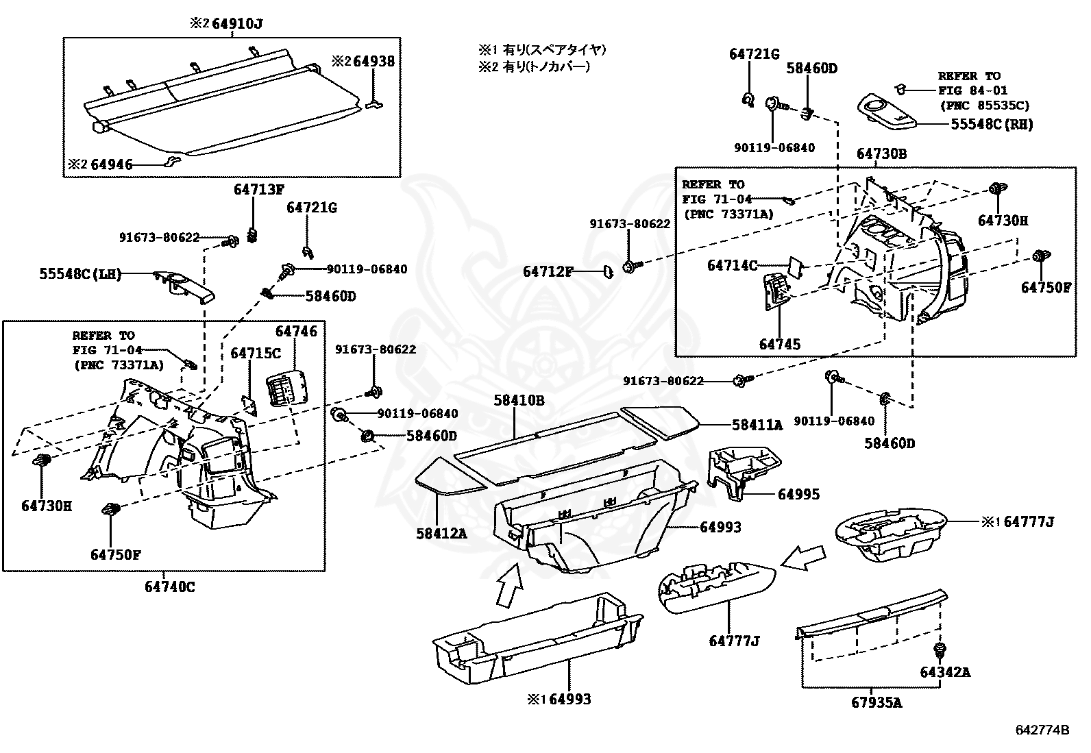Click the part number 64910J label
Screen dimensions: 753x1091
(x=236, y=24)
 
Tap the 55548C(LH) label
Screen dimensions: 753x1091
(x=79, y=274)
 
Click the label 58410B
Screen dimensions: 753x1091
(x=519, y=400)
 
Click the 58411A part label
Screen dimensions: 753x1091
(x=757, y=425)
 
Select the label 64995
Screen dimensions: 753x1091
(x=798, y=495)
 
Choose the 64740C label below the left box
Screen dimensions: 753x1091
(x=169, y=587)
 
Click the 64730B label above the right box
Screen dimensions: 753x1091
(x=881, y=155)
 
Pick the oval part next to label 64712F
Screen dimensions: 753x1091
(x=608, y=272)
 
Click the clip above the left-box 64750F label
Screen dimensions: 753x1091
(x=111, y=510)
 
